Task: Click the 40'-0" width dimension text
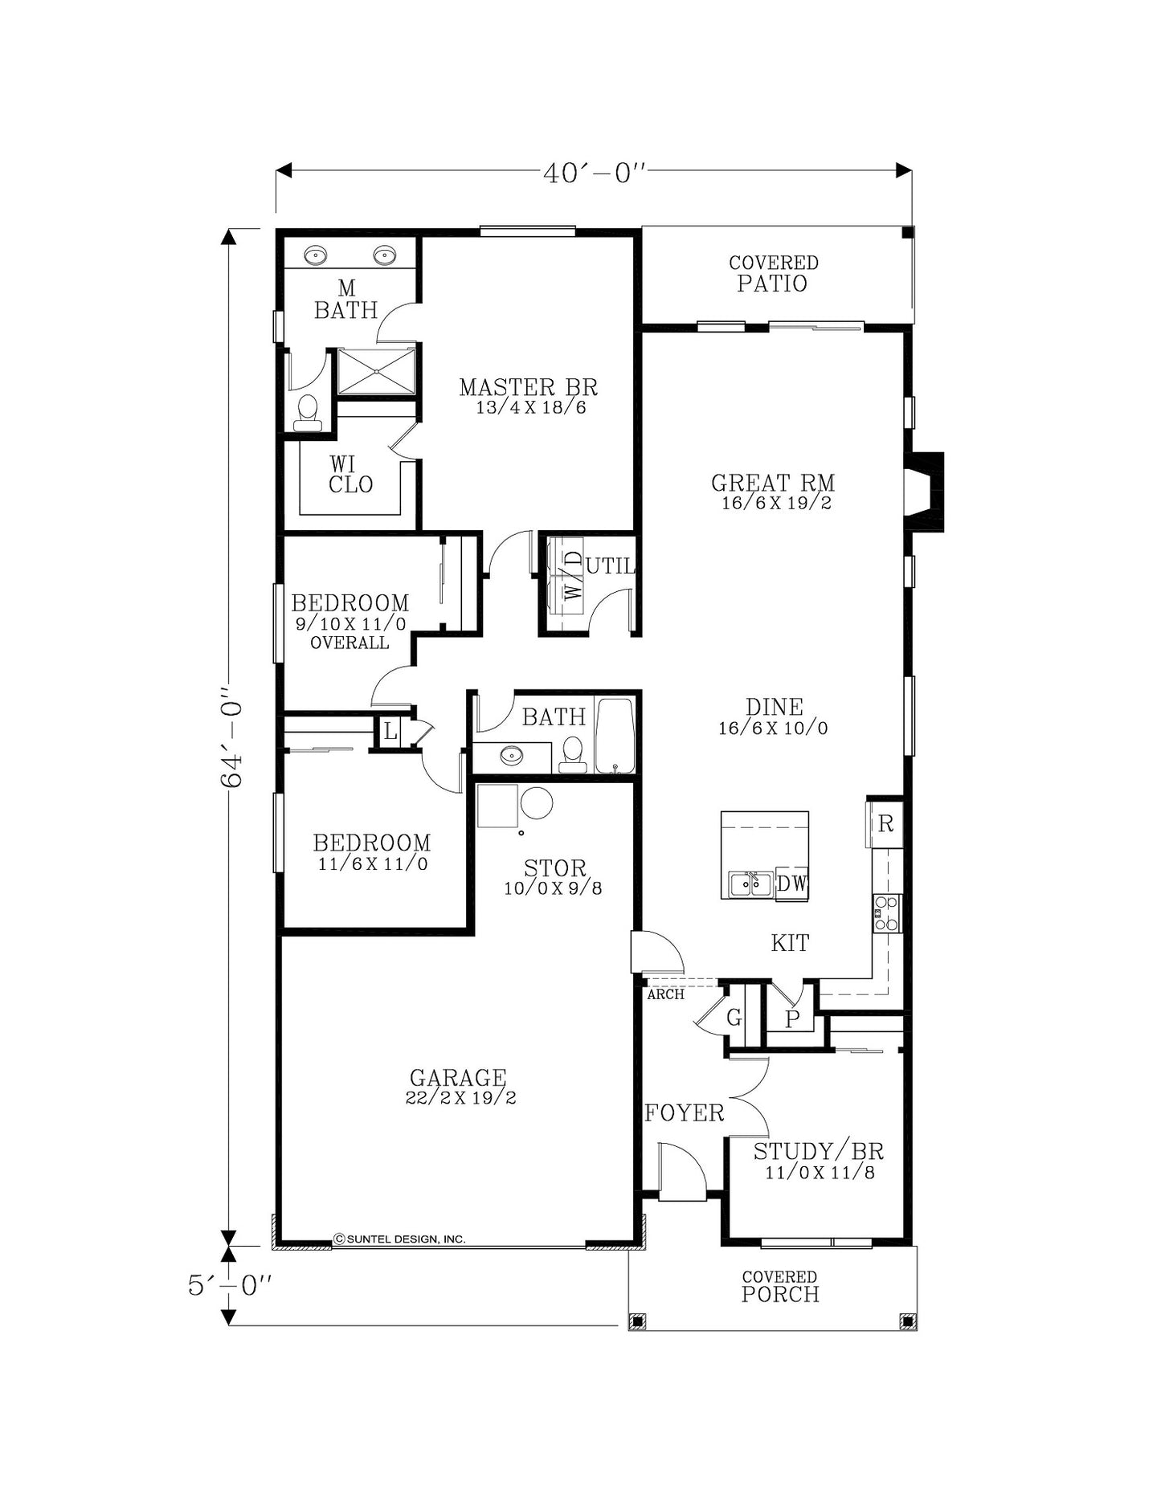coord(595,173)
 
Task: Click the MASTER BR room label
coord(529,387)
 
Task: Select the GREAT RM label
coord(773,483)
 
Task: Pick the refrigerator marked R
coord(885,823)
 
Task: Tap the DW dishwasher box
coord(792,884)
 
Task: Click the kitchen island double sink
coord(750,884)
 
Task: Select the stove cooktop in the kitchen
coord(887,913)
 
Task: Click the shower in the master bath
coord(376,371)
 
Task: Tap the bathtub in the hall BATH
coord(615,736)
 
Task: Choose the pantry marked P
coord(792,1018)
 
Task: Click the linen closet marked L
coord(390,732)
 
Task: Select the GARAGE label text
coord(458,1077)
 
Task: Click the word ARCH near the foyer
coord(666,994)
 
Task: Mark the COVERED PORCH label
coord(780,1287)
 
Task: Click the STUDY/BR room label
coord(819,1151)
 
